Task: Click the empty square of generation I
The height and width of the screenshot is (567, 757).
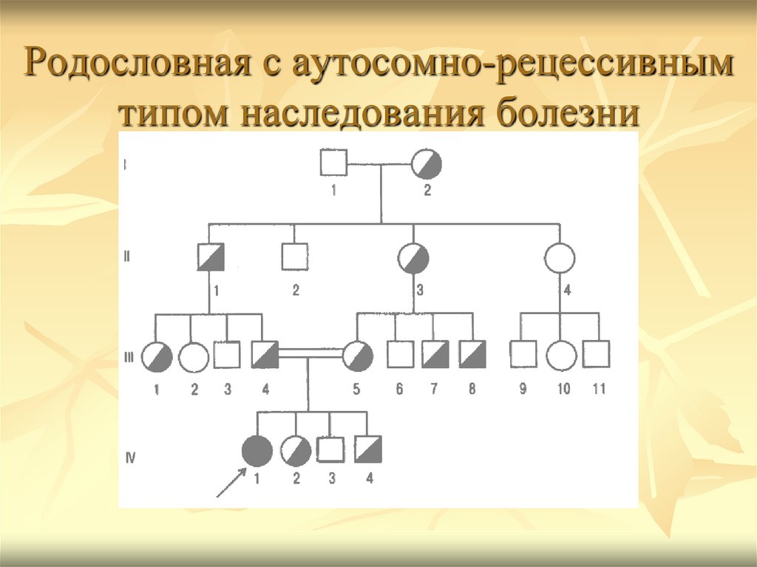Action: tap(333, 162)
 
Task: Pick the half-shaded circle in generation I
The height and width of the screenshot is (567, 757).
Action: tap(427, 162)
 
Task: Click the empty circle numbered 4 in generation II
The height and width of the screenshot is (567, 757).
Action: tap(560, 257)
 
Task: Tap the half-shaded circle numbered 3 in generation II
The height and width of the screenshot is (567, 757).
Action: tap(413, 257)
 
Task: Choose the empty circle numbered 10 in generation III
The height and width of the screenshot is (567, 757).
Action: tap(562, 355)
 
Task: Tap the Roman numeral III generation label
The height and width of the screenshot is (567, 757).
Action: tap(129, 357)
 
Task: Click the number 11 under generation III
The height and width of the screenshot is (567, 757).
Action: tap(599, 389)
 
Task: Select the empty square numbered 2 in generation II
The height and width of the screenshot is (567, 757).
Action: tap(295, 257)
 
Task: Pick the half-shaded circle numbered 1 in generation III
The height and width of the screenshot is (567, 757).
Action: tap(156, 356)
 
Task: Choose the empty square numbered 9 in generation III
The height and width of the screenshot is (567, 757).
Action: tap(523, 354)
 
